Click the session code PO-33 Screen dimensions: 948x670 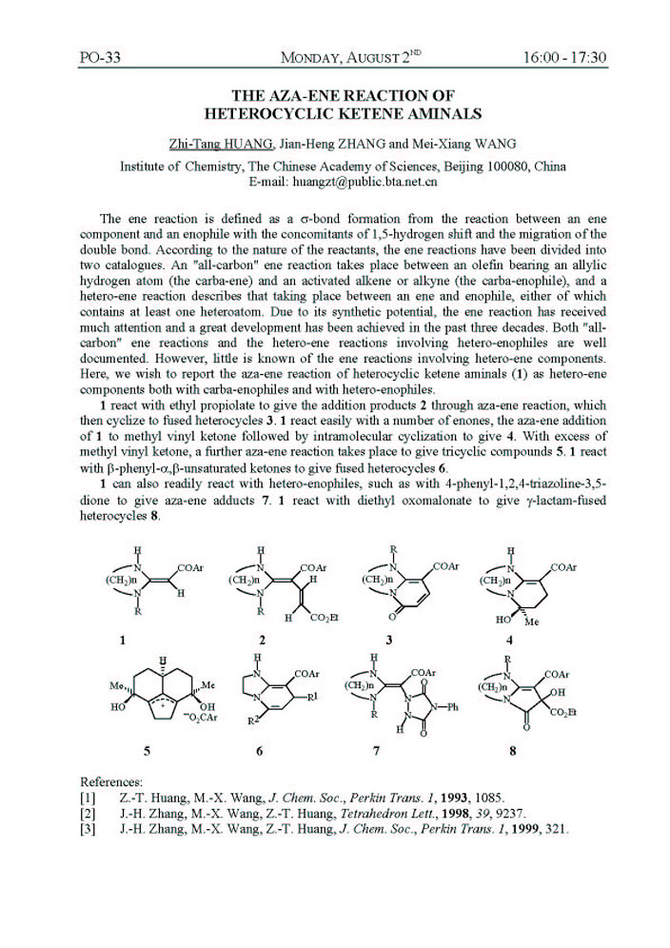point(101,58)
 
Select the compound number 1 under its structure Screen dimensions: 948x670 point(124,641)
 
